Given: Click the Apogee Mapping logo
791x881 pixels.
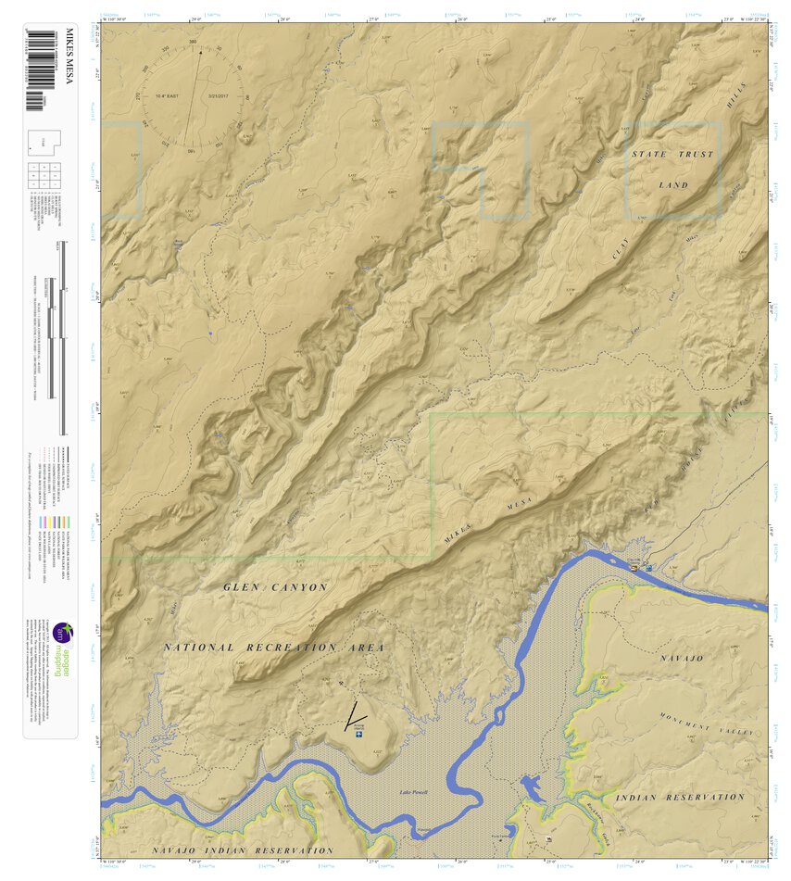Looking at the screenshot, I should click(x=62, y=648).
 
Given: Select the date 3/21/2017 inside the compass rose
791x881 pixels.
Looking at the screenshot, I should click(x=224, y=96).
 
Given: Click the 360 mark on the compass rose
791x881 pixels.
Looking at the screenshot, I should click(x=193, y=43).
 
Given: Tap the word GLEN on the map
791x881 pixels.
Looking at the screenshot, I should click(x=242, y=587).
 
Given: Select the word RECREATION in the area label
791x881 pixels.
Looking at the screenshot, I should click(x=295, y=648).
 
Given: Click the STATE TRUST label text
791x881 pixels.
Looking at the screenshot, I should click(x=672, y=154).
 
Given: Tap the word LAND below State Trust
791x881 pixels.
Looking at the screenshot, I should click(x=673, y=185).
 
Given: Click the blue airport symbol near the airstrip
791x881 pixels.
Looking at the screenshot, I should click(x=359, y=736).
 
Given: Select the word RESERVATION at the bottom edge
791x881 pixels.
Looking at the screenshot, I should click(x=287, y=850).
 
